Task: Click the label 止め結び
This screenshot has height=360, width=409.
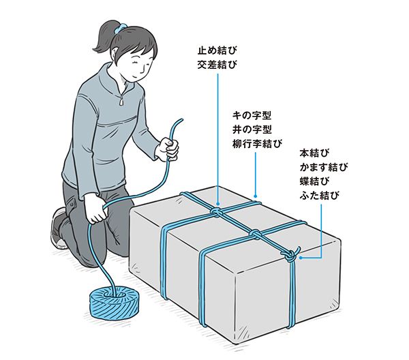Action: [217, 50]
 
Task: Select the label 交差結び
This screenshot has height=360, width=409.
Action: [217, 65]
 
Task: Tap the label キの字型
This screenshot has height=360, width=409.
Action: [252, 115]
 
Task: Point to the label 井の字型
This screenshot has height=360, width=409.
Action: [252, 130]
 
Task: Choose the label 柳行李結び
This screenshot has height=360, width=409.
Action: [257, 144]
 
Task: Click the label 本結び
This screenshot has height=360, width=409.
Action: [314, 153]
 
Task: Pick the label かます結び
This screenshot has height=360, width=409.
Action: [324, 167]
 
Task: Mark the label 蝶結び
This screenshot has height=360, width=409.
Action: [314, 181]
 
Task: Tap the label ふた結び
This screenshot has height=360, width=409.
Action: [320, 196]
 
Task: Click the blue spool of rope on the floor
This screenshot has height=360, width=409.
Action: [114, 303]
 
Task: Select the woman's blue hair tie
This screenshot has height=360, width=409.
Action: [121, 28]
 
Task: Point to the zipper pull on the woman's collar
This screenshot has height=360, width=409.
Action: [122, 101]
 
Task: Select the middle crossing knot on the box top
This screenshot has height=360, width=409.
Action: [256, 233]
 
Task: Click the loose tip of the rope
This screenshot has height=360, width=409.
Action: [182, 120]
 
